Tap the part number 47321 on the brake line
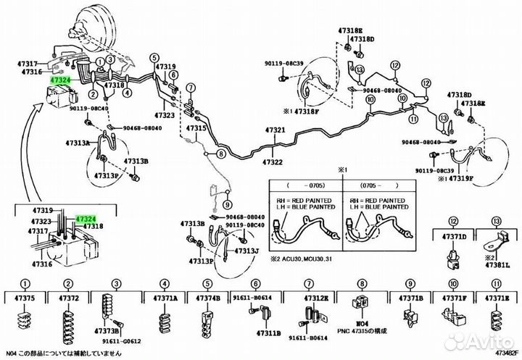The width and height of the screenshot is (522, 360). pyautogui.click(x=274, y=130)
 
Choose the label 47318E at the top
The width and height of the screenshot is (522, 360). pyautogui.click(x=350, y=30)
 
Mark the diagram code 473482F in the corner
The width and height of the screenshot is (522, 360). pyautogui.click(x=505, y=353)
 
